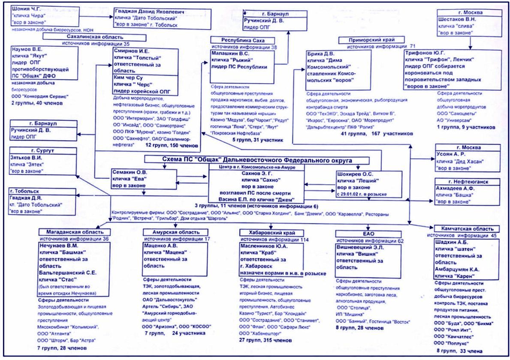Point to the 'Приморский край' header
tap(371, 39)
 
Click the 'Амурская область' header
tap(170, 232)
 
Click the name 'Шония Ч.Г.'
tap(27, 9)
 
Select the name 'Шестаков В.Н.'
tap(457, 19)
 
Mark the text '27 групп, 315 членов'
tap(266, 339)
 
